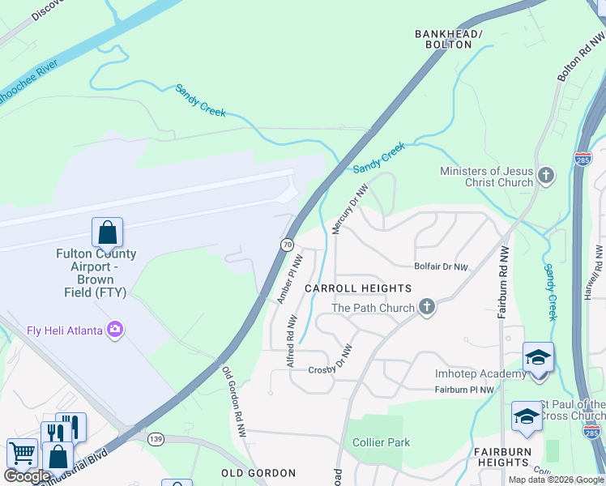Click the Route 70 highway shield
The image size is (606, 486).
click(287, 244)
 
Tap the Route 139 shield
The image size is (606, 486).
click(155, 438)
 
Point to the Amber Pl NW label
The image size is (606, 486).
click(288, 279)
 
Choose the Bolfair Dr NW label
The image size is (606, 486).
click(442, 266)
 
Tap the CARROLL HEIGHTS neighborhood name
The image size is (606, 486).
click(358, 288)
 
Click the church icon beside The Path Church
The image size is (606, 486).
click(427, 307)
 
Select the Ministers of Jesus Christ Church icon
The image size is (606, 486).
click(546, 175)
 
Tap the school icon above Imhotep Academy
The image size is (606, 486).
click(538, 357)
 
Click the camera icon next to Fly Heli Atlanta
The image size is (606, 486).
click(115, 329)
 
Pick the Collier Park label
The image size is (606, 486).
click(381, 442)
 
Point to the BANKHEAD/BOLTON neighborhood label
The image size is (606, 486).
click(448, 39)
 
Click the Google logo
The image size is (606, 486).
click(28, 476)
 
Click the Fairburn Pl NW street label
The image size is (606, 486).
click(464, 390)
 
